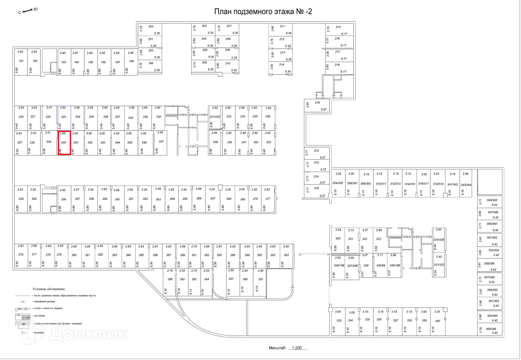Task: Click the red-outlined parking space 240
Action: pyautogui.click(x=64, y=143)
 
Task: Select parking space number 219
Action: pyautogui.click(x=317, y=102)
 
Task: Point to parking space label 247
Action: pyautogui.click(x=161, y=141)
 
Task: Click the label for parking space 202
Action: pyautogui.click(x=151, y=26)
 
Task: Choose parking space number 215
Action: pyautogui.click(x=338, y=27)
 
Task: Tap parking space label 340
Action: pyautogui.click(x=437, y=320)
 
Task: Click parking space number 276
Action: pyautogui.click(x=20, y=254)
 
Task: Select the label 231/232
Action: pyautogui.click(x=215, y=116)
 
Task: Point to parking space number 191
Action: pyautogui.click(x=21, y=61)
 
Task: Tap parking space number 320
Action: pyautogui.click(x=338, y=239)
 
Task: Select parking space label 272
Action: pyautogui.click(x=316, y=151)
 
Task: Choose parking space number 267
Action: pyautogui.click(x=213, y=198)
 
